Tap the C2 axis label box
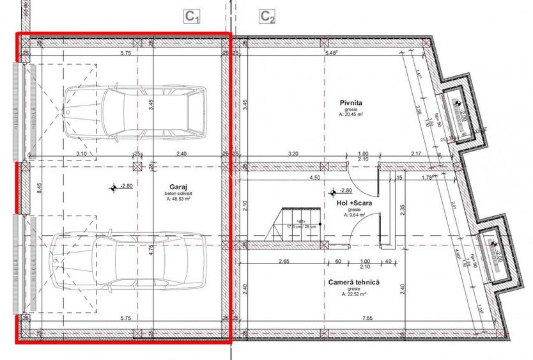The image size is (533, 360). pos(268,17)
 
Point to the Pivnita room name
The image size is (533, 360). pos(351,102)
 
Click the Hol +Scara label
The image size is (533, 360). pos(353,203)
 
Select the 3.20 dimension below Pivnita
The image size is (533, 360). pos(293,153)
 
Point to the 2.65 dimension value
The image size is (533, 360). pos(285,261)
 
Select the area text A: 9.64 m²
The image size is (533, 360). pos(353,215)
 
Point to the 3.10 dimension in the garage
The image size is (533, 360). pos(81,153)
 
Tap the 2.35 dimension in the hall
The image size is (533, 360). pos(403,211)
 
